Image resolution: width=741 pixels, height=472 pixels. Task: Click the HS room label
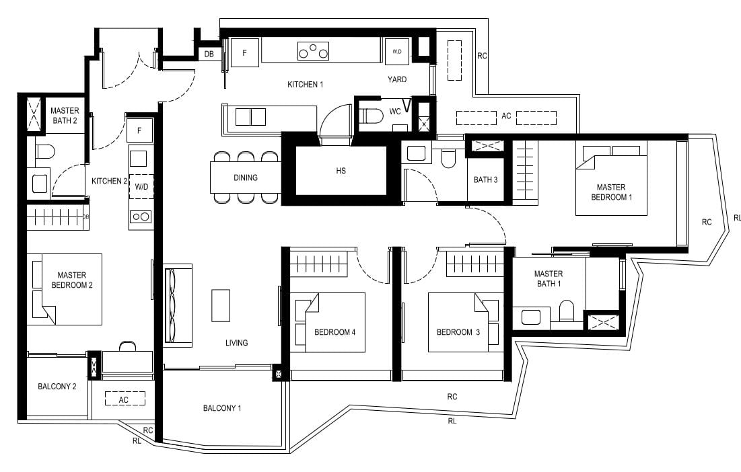click(x=341, y=171)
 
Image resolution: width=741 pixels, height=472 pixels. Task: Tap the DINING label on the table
click(x=245, y=178)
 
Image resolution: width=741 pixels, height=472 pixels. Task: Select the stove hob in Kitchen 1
click(x=313, y=51)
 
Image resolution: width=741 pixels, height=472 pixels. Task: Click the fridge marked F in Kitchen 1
click(x=244, y=52)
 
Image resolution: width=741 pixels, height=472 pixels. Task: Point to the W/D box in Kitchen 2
click(x=141, y=186)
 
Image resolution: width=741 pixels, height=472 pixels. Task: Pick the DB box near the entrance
click(x=209, y=54)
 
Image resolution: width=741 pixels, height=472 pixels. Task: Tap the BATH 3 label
click(x=485, y=180)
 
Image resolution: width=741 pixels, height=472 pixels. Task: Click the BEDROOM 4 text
click(x=334, y=332)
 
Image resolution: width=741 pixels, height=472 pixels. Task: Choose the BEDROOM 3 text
click(x=454, y=332)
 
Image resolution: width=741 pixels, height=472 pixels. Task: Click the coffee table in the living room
click(x=220, y=305)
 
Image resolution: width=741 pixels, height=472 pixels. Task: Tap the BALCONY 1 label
click(x=221, y=408)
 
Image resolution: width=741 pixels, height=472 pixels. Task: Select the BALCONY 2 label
click(x=57, y=387)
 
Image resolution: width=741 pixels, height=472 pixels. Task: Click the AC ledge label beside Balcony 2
click(x=124, y=399)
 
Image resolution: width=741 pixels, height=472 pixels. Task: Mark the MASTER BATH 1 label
click(x=548, y=279)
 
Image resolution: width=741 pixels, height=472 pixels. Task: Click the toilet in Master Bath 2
click(x=44, y=152)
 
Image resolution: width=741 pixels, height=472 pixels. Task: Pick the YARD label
click(x=397, y=79)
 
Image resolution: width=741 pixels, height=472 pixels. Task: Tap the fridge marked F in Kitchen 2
click(x=139, y=130)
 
